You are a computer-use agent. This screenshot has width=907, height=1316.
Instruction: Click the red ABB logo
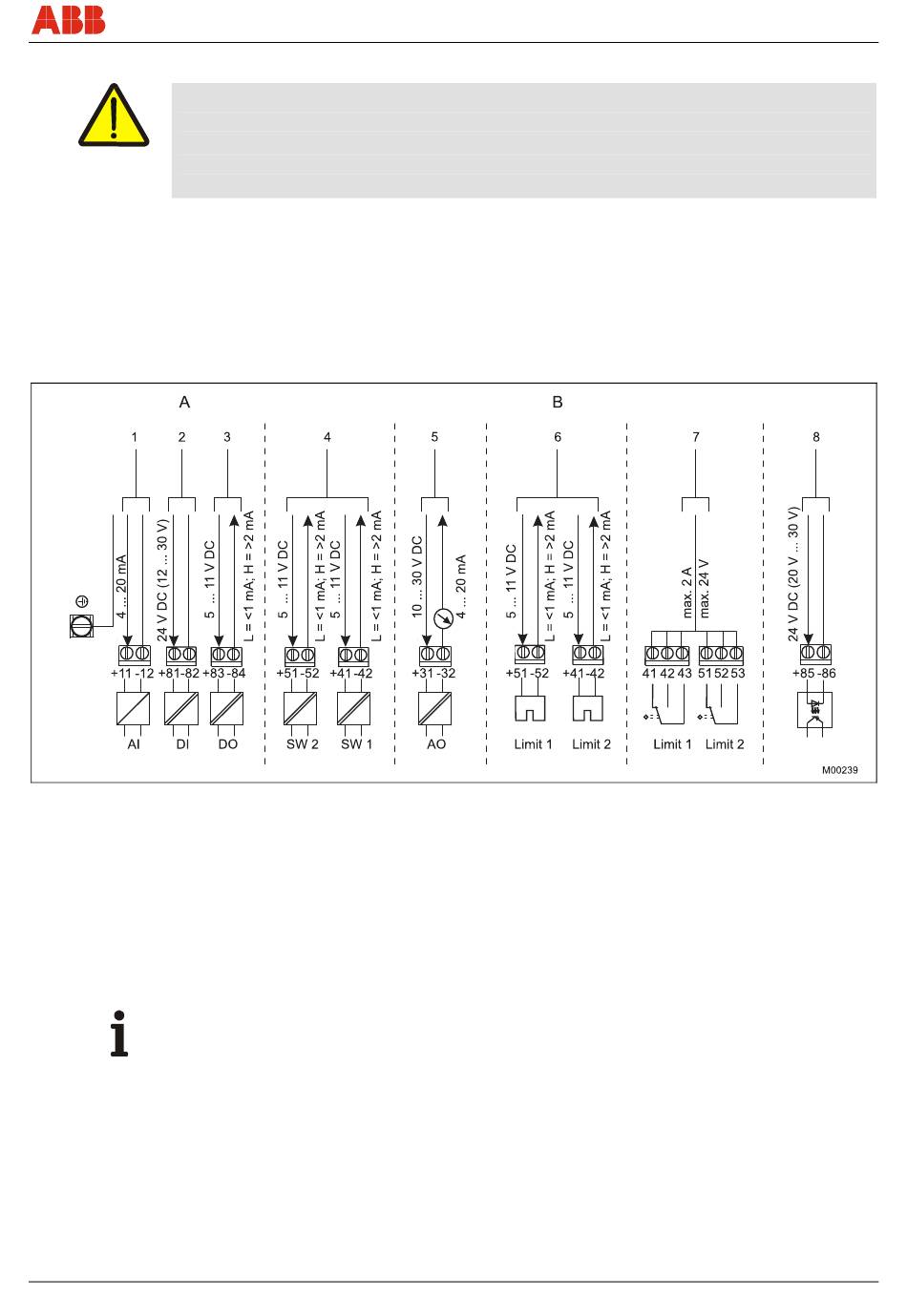68,20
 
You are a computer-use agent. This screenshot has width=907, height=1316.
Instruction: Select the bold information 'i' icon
119,1033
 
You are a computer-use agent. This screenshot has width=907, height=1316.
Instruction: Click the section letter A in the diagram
185,403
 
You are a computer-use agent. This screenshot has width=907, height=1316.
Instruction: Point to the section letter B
558,403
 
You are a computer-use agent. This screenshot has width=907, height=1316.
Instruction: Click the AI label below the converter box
134,744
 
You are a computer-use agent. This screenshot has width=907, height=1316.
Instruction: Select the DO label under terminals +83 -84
227,744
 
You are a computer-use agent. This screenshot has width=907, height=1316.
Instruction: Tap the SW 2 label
303,744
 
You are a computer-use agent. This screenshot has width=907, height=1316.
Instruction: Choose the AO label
435,744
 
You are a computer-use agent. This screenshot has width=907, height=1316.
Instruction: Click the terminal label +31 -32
434,674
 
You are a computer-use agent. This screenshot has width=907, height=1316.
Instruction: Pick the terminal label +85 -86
815,674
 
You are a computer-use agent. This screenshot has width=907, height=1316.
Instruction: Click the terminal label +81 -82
179,674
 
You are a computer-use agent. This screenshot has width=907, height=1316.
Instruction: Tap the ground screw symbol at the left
82,625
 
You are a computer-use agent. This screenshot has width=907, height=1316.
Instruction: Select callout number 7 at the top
696,437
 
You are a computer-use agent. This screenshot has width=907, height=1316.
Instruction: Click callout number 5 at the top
434,437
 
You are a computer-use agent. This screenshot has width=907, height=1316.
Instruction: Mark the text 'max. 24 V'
705,590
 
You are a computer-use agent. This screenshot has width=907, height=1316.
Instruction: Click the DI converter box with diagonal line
180,709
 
